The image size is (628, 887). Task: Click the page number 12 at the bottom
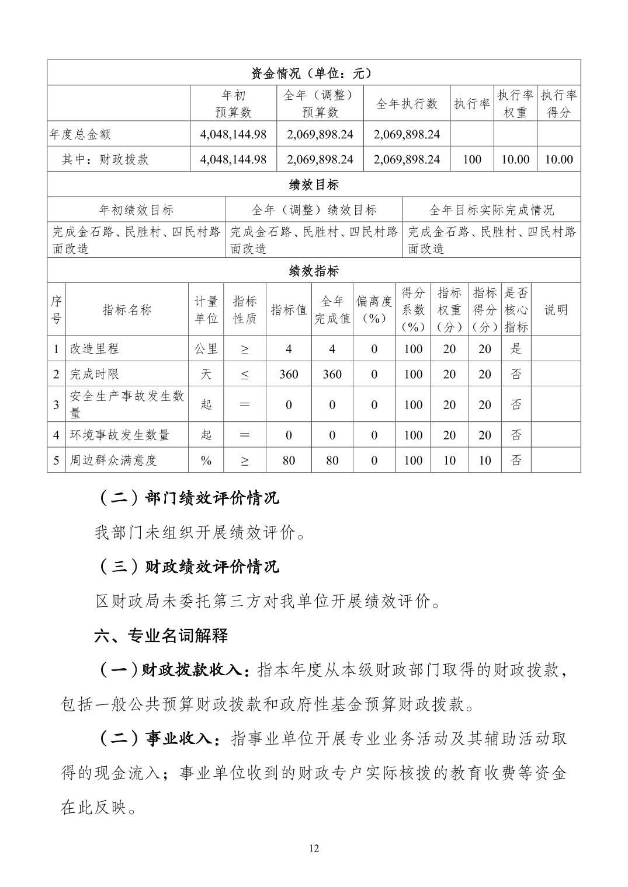coord(314,848)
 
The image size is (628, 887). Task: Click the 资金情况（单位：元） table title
coord(314,73)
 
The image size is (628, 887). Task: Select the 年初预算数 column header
coord(233,104)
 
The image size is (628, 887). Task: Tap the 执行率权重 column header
coord(515,104)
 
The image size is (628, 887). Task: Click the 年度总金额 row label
coord(80,134)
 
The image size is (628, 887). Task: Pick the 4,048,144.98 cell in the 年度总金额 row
coord(233,134)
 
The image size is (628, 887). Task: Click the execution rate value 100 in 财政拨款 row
coord(472,159)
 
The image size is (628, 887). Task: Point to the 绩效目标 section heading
coord(314,185)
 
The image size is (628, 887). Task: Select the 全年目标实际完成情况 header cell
coord(491,210)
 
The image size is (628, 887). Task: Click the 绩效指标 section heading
coord(314,271)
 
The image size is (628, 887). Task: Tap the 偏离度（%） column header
coord(374,310)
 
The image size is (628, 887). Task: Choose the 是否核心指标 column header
coord(516,310)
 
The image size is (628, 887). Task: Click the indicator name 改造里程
coord(95,349)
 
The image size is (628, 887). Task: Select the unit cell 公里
coord(206,349)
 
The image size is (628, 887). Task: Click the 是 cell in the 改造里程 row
coord(516,349)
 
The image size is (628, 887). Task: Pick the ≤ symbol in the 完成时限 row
coord(244,375)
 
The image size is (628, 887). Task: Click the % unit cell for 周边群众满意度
coord(206,460)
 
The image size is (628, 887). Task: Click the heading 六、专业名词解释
coord(161,635)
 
